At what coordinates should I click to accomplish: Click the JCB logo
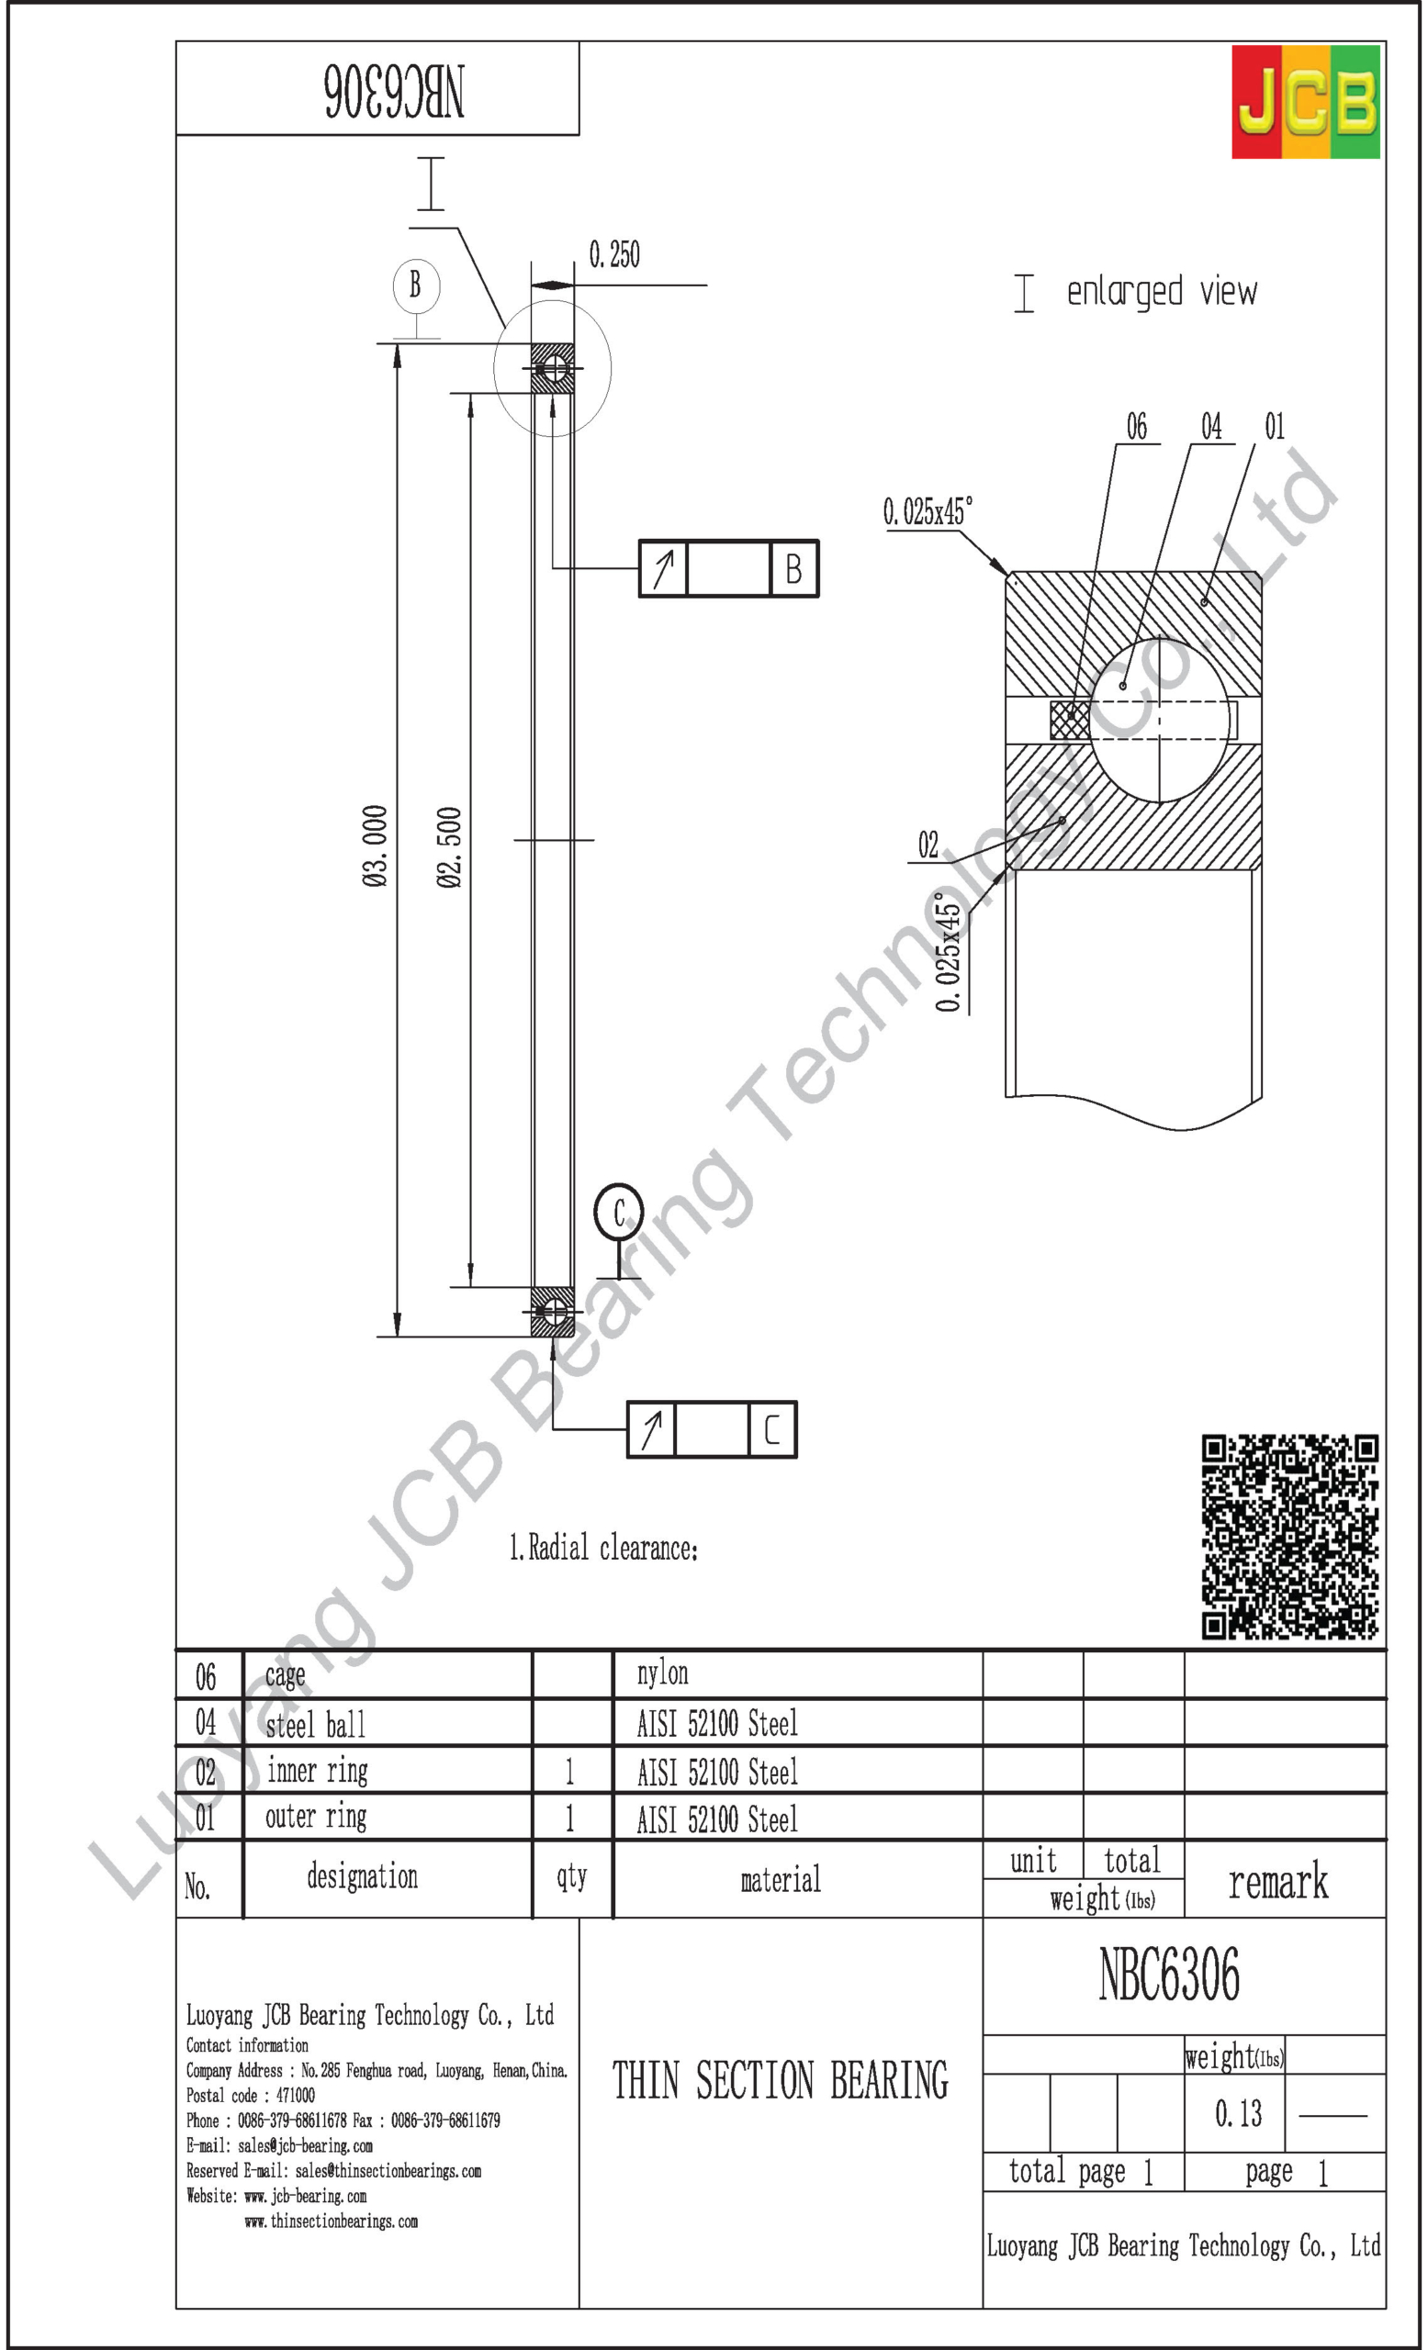click(1305, 101)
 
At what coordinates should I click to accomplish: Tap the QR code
click(1289, 1537)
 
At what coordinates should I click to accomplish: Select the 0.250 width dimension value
click(614, 254)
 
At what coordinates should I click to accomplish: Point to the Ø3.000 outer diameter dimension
click(375, 846)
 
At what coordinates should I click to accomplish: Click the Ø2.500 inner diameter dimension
click(449, 847)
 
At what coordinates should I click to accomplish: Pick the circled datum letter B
click(416, 285)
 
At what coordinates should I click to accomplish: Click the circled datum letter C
click(619, 1213)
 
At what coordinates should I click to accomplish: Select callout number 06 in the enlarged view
click(1136, 426)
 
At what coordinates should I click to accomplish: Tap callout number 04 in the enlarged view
click(1210, 426)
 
